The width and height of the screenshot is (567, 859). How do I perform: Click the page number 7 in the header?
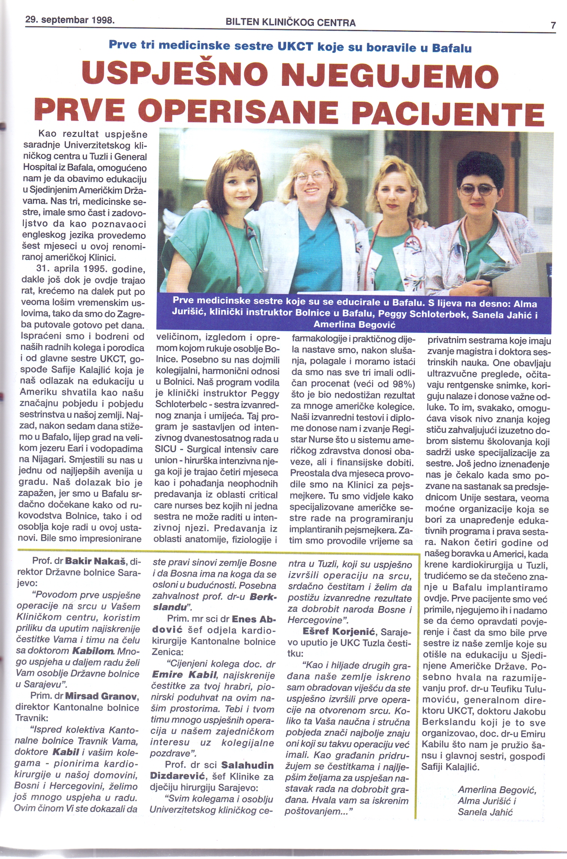pyautogui.click(x=553, y=25)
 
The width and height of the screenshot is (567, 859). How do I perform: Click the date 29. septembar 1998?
pyautogui.click(x=70, y=20)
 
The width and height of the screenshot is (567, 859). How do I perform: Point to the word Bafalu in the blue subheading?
pyautogui.click(x=452, y=48)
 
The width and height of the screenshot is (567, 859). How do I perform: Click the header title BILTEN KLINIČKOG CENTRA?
pyautogui.click(x=291, y=22)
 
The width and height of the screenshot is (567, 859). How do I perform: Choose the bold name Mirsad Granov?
pyautogui.click(x=102, y=696)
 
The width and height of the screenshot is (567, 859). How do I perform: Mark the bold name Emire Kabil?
pyautogui.click(x=184, y=675)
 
